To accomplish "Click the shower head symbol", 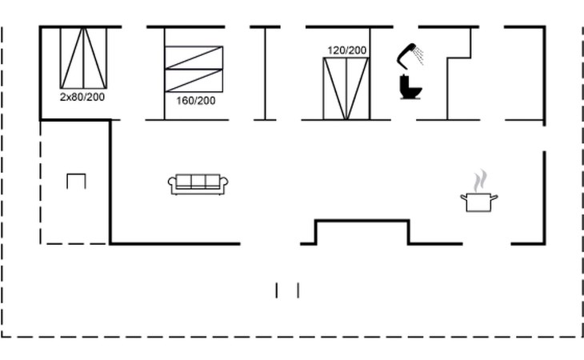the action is [x=406, y=55].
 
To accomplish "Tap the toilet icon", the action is [x=410, y=87].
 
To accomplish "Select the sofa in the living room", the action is [x=198, y=184].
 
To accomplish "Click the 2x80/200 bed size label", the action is [x=82, y=97].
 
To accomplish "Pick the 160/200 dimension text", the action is [x=196, y=101].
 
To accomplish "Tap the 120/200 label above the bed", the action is [x=347, y=50].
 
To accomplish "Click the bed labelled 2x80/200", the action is [x=84, y=58].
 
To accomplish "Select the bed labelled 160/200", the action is [x=194, y=69].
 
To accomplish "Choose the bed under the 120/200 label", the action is [x=346, y=89].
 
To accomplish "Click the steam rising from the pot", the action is [x=480, y=181].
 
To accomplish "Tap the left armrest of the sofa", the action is [x=172, y=183].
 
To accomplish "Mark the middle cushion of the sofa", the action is [x=198, y=181].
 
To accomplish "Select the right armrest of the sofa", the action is [x=224, y=183].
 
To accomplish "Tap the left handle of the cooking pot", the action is [x=464, y=198].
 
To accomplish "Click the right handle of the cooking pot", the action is [x=494, y=198].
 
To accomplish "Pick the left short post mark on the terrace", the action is [x=276, y=290].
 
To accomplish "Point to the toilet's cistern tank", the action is [x=405, y=81].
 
